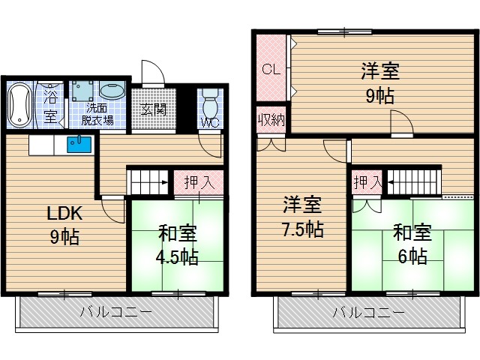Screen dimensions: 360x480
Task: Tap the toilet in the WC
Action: click(x=208, y=103)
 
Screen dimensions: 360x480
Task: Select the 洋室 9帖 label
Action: click(x=379, y=83)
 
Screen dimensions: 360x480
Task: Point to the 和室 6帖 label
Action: click(x=411, y=244)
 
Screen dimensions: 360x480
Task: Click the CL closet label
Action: click(x=270, y=69)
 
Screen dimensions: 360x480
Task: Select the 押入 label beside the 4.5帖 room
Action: click(x=199, y=182)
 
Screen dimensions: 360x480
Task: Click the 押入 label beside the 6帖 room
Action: click(x=367, y=181)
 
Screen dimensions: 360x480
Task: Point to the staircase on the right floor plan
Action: click(x=413, y=181)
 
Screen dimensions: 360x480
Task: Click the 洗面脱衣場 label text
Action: click(x=98, y=113)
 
